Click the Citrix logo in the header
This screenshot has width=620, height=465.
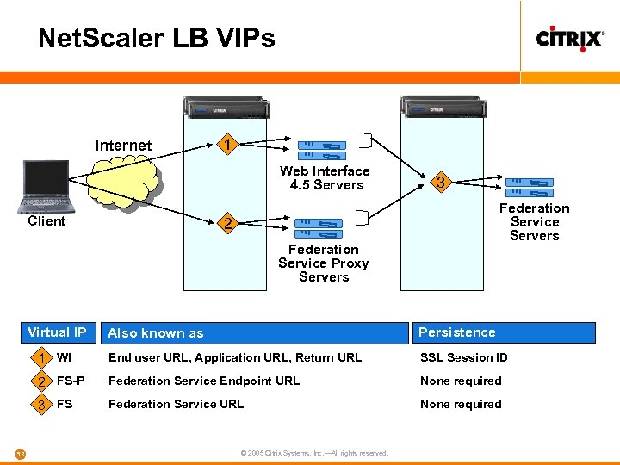point(570,39)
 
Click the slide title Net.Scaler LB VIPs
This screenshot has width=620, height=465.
point(157,38)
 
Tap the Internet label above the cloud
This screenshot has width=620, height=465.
point(123,146)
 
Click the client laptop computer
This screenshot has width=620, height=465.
point(46,185)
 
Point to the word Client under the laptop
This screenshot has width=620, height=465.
point(46,221)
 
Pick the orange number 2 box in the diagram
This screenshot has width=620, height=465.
point(226,224)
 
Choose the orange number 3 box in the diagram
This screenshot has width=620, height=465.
point(441,183)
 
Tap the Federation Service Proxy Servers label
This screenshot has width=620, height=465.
point(324,263)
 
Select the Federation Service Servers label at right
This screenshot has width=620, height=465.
point(535,222)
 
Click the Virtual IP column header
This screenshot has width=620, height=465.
point(57,332)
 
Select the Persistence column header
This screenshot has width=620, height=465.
point(457,332)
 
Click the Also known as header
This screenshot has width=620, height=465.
point(156,333)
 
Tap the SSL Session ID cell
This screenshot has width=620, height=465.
point(464,357)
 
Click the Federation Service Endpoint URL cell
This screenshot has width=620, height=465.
point(204,381)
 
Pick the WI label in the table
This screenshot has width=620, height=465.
point(65,357)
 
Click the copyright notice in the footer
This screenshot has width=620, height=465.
point(314,453)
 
